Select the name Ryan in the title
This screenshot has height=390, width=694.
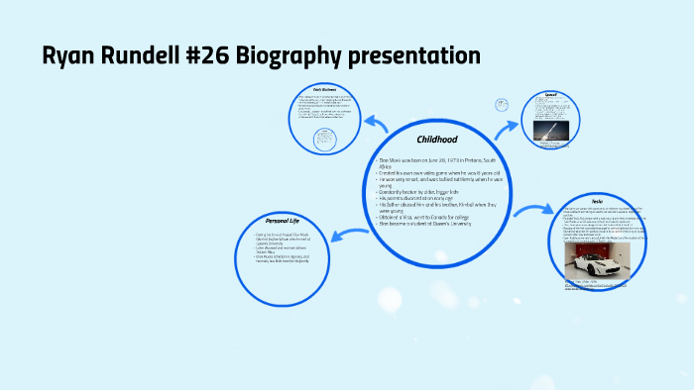tap(68, 56)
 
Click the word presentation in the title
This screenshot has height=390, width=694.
tap(420, 56)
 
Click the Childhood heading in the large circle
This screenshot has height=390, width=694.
tap(436, 140)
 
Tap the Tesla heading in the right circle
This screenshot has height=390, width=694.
tap(597, 200)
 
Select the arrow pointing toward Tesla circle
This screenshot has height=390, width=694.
tap(532, 210)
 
